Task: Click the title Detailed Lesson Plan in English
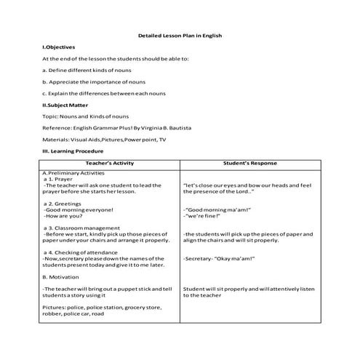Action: click(180, 35)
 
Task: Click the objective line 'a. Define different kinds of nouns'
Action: click(87, 70)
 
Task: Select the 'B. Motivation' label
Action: click(59, 276)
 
